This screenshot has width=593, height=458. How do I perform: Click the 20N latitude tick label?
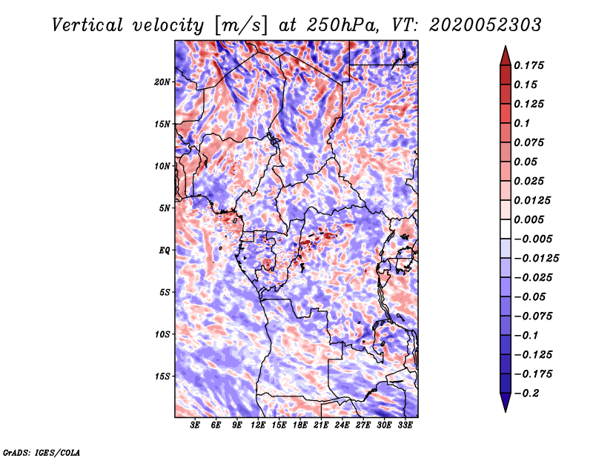coord(162,82)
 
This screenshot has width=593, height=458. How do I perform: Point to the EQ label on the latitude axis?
coord(165,250)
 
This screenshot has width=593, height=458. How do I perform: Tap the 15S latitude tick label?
coord(162,376)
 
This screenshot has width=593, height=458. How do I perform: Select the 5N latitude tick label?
coord(165,208)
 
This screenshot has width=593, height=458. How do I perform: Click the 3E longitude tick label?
coord(196,426)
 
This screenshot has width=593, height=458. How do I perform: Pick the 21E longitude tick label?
coord(322,426)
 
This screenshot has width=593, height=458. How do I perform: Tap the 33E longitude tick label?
coord(405,426)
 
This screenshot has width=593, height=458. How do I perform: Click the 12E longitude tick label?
coord(259,426)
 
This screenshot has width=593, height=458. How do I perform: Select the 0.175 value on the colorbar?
coord(531,65)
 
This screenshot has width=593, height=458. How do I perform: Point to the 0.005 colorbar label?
coord(531,219)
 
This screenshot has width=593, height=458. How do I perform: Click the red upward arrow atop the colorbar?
coord(505,54)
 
